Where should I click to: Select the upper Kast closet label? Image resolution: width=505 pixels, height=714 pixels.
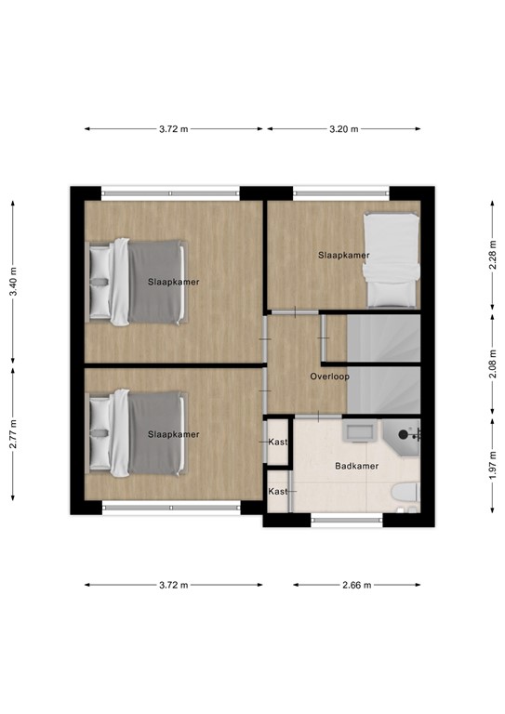(277, 443)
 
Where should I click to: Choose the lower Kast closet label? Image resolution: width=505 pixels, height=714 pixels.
(277, 491)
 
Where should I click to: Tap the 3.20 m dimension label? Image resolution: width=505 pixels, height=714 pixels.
(344, 129)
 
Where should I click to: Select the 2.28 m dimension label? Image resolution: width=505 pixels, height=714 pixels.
(492, 254)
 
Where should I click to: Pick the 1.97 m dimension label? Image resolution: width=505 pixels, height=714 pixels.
(492, 459)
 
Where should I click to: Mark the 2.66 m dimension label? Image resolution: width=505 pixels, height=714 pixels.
(356, 585)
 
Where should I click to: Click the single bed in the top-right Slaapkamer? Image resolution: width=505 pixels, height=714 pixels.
(391, 259)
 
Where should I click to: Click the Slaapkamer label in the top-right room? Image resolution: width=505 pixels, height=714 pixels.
(343, 255)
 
